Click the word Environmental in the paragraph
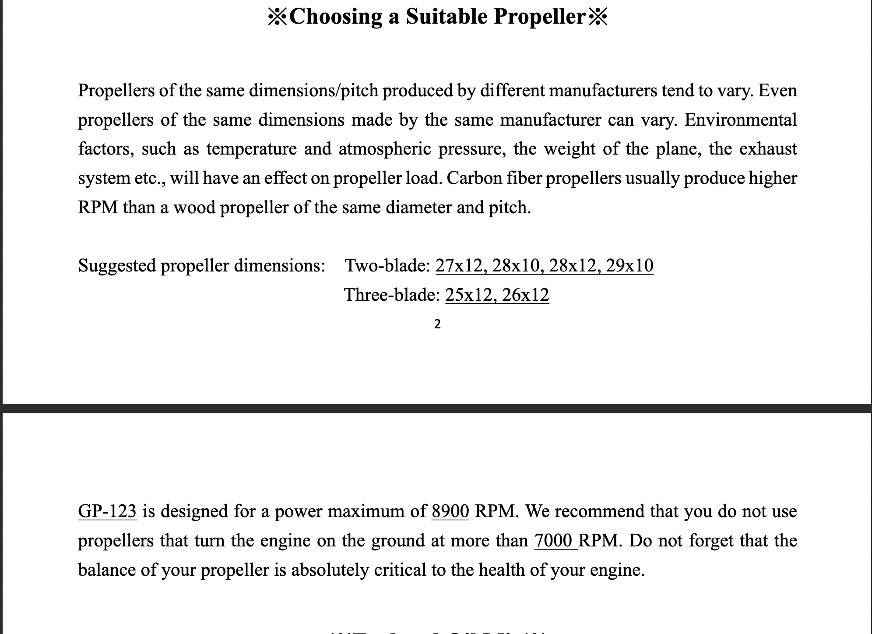[x=741, y=120]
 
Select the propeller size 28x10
[x=515, y=265]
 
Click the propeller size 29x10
[x=630, y=265]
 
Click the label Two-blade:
[x=388, y=265]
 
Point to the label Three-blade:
[x=392, y=295]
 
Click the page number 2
[x=437, y=324]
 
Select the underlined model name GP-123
[x=107, y=511]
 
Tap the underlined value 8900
[x=450, y=511]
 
